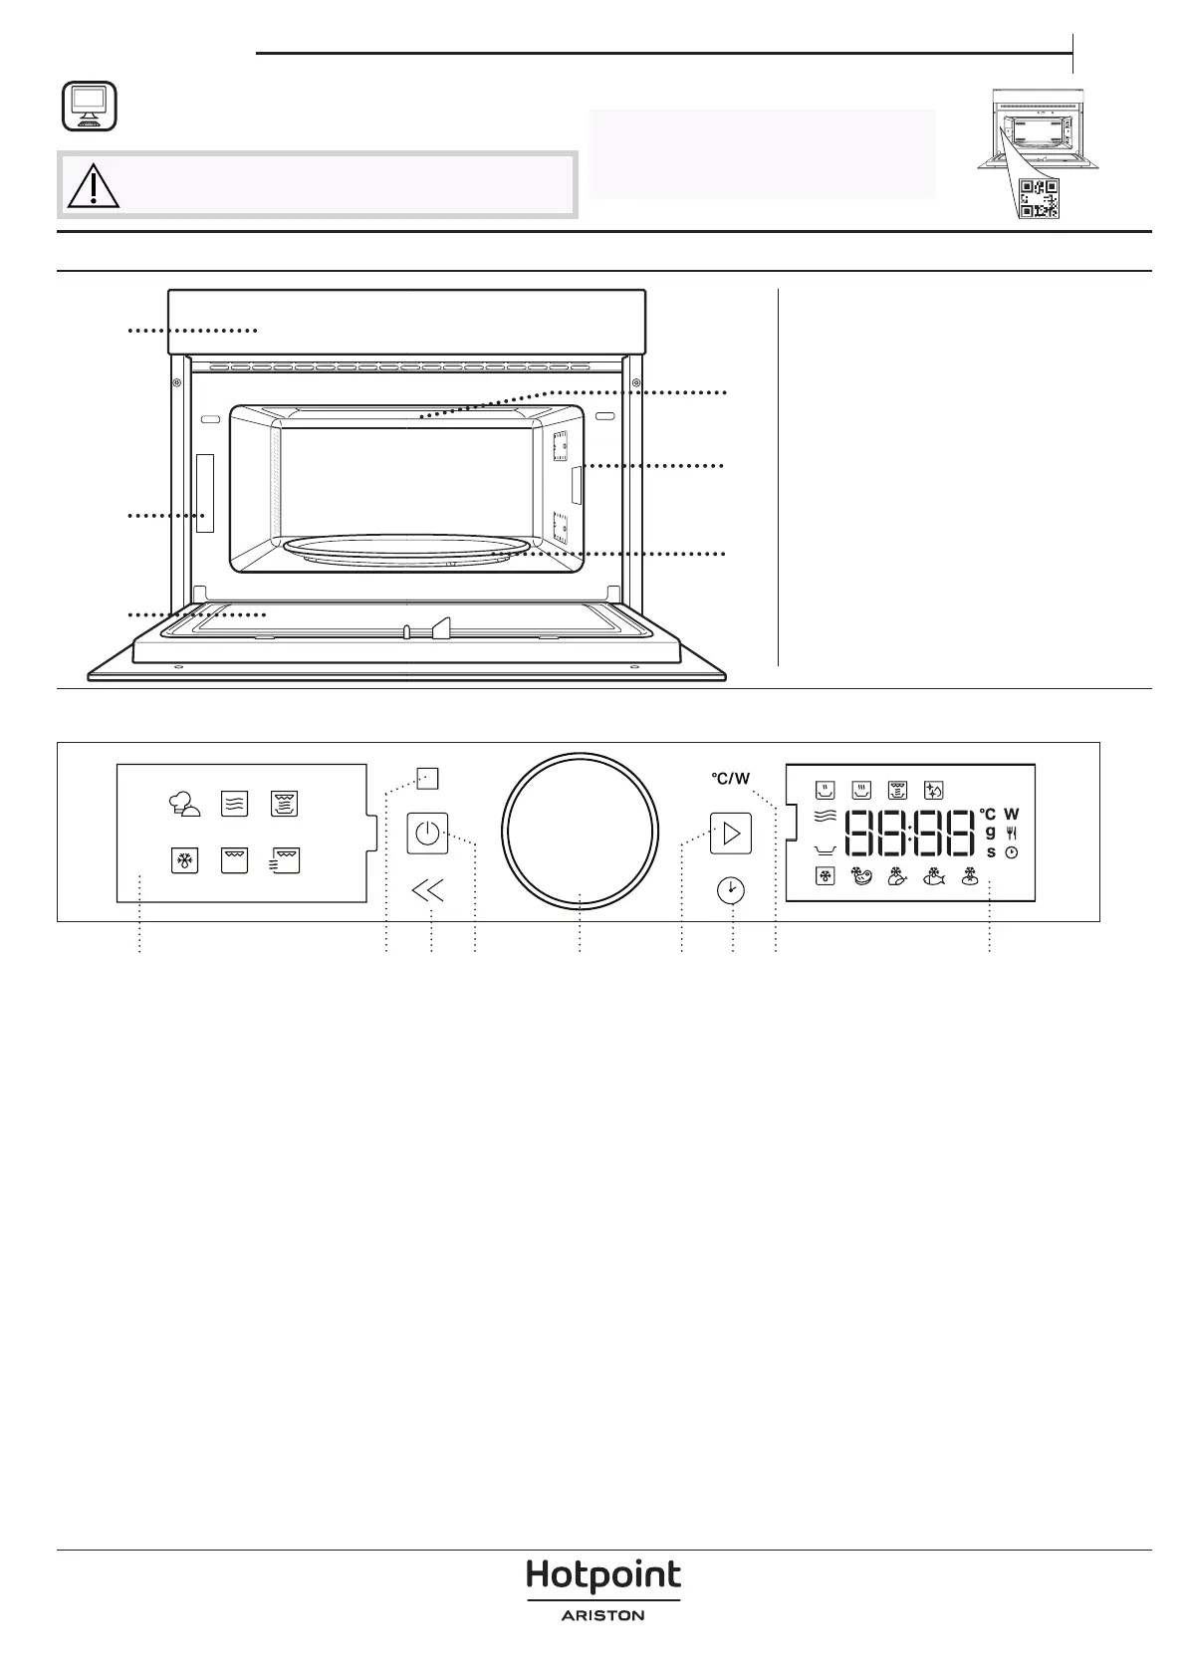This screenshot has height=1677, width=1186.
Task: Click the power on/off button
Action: [x=427, y=833]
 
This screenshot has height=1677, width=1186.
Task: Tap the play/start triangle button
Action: [x=730, y=833]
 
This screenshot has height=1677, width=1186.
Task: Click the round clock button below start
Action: [x=732, y=889]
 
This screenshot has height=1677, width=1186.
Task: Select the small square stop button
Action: [x=427, y=779]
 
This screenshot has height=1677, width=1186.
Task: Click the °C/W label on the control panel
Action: [x=730, y=779]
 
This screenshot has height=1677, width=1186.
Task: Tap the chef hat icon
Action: [x=184, y=805]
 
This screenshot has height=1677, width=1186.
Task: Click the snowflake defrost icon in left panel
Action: [x=183, y=860]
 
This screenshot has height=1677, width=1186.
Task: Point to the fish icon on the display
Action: [x=933, y=877]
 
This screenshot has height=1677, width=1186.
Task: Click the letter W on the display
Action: [x=1012, y=815]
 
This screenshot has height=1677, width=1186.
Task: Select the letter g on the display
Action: [x=990, y=832]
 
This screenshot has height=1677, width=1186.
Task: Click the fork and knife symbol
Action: [x=1012, y=833]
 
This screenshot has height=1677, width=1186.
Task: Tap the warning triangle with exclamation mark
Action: [x=91, y=184]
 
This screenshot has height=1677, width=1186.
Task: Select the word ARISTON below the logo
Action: [x=602, y=1615]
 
